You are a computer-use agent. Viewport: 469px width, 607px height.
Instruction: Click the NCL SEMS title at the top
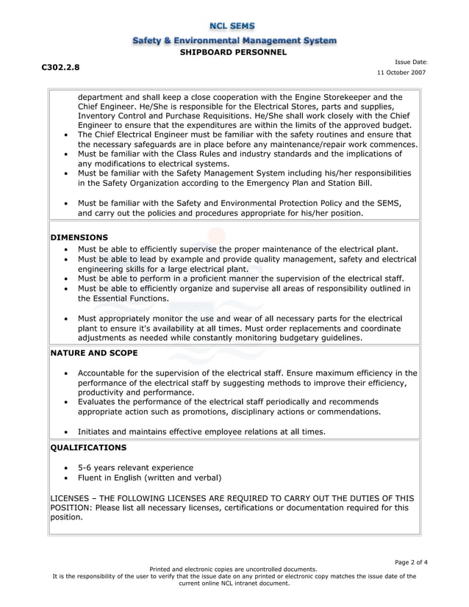click(234, 26)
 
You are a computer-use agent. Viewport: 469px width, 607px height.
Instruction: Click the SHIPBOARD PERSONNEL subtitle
click(234, 52)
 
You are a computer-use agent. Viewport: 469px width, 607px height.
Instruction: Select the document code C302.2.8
click(60, 67)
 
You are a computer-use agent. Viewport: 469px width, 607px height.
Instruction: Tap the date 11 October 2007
click(401, 73)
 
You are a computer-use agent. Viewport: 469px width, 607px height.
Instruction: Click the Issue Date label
click(411, 62)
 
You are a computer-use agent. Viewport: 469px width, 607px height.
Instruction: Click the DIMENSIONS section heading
click(79, 237)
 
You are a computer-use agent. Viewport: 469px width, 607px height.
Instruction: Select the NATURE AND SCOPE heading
click(93, 353)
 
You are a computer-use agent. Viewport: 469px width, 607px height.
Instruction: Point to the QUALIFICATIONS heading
click(88, 447)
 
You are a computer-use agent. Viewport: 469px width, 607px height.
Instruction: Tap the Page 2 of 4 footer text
click(411, 562)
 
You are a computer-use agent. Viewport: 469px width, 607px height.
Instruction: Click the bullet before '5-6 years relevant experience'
click(67, 468)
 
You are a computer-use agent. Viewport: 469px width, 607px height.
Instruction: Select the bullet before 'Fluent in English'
click(67, 478)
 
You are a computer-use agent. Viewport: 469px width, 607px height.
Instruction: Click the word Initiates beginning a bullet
click(98, 431)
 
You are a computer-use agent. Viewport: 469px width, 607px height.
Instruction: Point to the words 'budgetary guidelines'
click(322, 338)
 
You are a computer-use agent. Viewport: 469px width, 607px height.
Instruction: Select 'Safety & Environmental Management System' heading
click(234, 40)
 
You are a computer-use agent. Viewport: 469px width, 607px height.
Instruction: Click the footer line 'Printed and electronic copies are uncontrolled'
click(234, 569)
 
